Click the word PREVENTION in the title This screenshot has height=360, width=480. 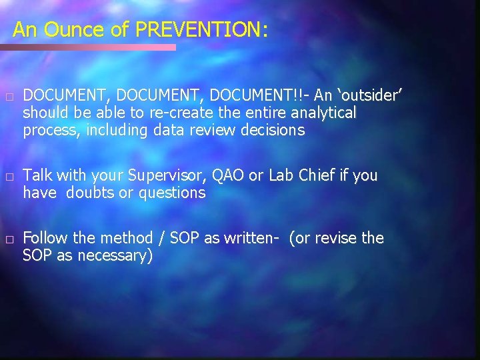[x=198, y=29]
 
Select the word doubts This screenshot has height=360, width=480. [x=87, y=193]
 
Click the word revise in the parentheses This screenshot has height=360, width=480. [x=336, y=238]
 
